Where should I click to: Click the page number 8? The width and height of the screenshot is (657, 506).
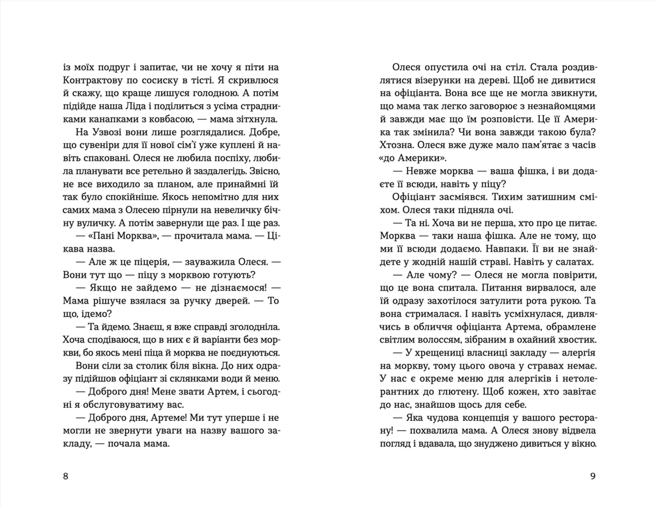[x=66, y=476]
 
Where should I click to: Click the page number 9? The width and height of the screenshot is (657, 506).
[x=593, y=476]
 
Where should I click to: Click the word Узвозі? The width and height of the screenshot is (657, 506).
[x=103, y=132]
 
